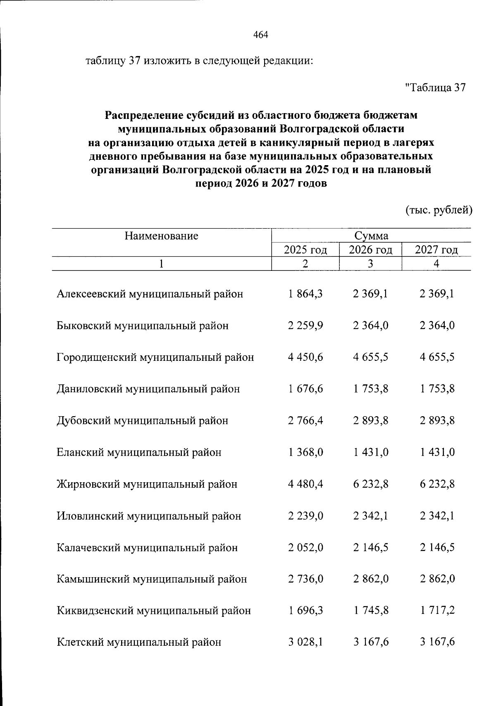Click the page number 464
pyautogui.click(x=261, y=35)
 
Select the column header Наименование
pyautogui.click(x=161, y=236)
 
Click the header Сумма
pyautogui.click(x=371, y=236)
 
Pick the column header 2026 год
pyautogui.click(x=370, y=250)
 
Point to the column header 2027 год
pyautogui.click(x=436, y=250)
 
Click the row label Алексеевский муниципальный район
pyautogui.click(x=150, y=294)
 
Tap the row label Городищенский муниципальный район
pyautogui.click(x=155, y=357)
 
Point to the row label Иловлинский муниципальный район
pyautogui.click(x=148, y=516)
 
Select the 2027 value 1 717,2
pyautogui.click(x=437, y=610)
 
